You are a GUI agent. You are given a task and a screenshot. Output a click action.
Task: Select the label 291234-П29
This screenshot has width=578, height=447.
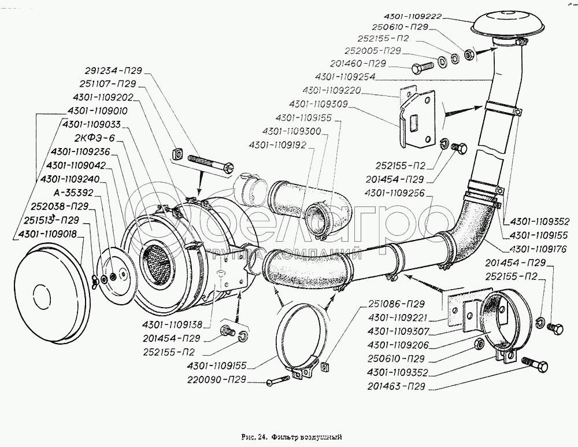coord(113,72)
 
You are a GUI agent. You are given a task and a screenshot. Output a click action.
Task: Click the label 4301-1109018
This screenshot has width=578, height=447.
coord(48,235)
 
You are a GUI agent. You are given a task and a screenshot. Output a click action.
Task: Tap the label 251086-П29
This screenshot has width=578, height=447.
coord(397,303)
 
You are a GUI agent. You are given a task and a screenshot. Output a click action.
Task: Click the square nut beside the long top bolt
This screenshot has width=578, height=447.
coord(178,154)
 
